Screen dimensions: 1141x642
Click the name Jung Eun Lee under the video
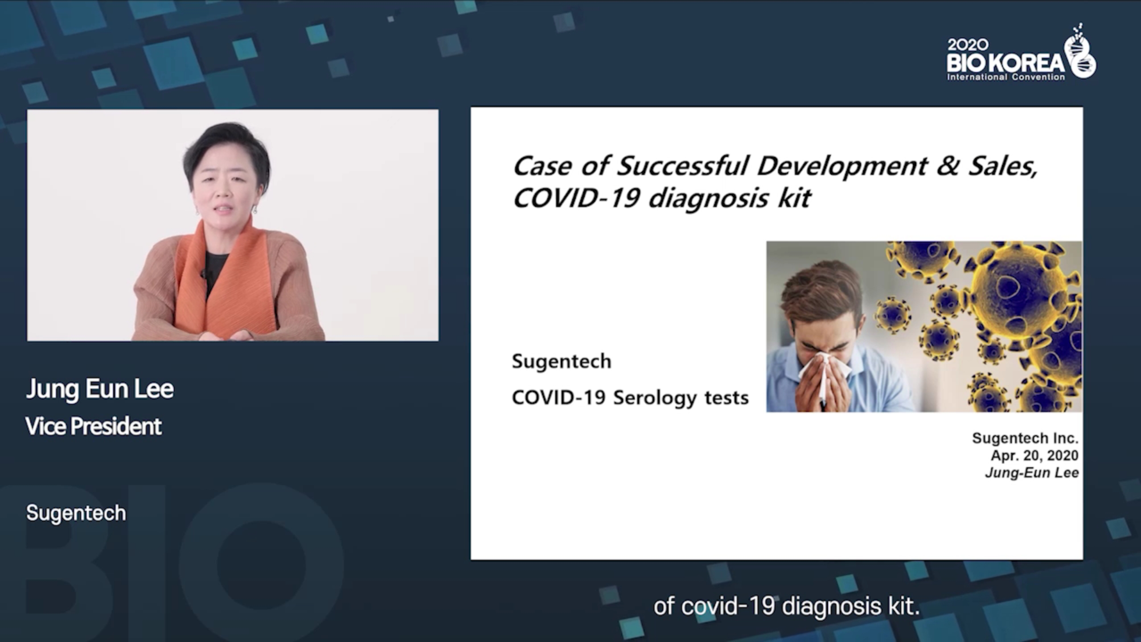[x=100, y=389]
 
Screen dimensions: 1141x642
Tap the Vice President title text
[x=94, y=426]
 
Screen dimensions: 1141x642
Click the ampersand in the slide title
[x=947, y=166]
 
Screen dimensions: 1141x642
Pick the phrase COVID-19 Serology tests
[x=630, y=398]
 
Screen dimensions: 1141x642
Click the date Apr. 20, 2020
[x=1034, y=455]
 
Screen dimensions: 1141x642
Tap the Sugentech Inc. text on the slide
[x=1025, y=438]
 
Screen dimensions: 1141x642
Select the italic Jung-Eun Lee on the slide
[x=1032, y=473]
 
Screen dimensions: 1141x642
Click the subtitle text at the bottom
[x=787, y=606]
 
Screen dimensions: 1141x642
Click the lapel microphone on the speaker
[x=204, y=273]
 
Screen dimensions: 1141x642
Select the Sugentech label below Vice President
[x=76, y=513]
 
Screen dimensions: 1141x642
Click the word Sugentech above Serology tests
[x=562, y=362]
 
